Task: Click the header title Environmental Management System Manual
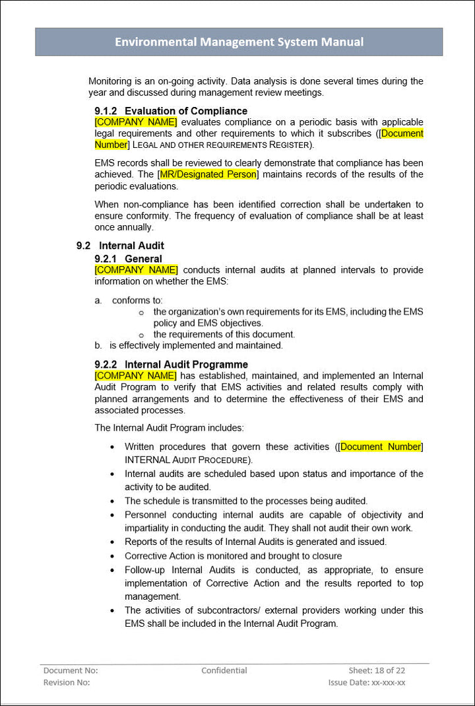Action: point(239,42)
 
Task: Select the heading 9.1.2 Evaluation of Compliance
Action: point(171,111)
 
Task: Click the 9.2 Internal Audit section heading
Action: point(120,246)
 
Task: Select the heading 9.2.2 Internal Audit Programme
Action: point(171,365)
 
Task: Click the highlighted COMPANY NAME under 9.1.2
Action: point(136,122)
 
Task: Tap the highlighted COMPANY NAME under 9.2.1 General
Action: point(136,269)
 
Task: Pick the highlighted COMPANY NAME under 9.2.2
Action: point(135,376)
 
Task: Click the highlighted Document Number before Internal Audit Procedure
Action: point(380,447)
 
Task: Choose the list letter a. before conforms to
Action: point(98,300)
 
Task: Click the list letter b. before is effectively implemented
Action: point(98,345)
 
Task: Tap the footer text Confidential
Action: point(224,670)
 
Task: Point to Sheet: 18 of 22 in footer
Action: point(377,670)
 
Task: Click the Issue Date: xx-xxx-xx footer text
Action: point(367,682)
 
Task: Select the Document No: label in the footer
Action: point(71,670)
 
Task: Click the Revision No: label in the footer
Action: point(67,682)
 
